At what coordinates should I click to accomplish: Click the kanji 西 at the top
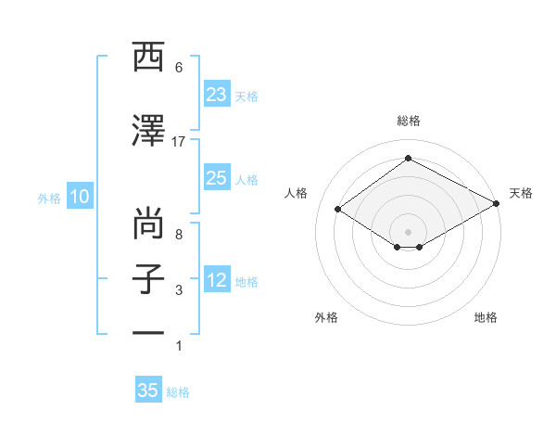coord(148,57)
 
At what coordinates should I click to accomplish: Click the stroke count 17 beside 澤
coord(179,141)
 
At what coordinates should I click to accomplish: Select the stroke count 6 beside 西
coord(179,68)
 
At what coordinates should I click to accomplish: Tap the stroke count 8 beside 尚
coord(179,235)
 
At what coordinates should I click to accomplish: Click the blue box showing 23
coord(217,94)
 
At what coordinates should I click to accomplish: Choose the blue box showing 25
coord(217,178)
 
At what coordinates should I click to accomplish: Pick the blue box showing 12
coord(217,280)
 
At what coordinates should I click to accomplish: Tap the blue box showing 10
coord(79,197)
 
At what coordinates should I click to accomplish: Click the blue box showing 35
coord(148,391)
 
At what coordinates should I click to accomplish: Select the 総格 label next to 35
coord(178,392)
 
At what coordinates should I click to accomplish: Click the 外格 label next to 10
coord(49,198)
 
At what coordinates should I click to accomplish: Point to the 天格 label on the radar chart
coord(521,193)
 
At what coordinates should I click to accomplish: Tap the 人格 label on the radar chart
coord(296,193)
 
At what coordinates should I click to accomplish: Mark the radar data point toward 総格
coord(408,159)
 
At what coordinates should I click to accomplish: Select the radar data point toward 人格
coord(338,210)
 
